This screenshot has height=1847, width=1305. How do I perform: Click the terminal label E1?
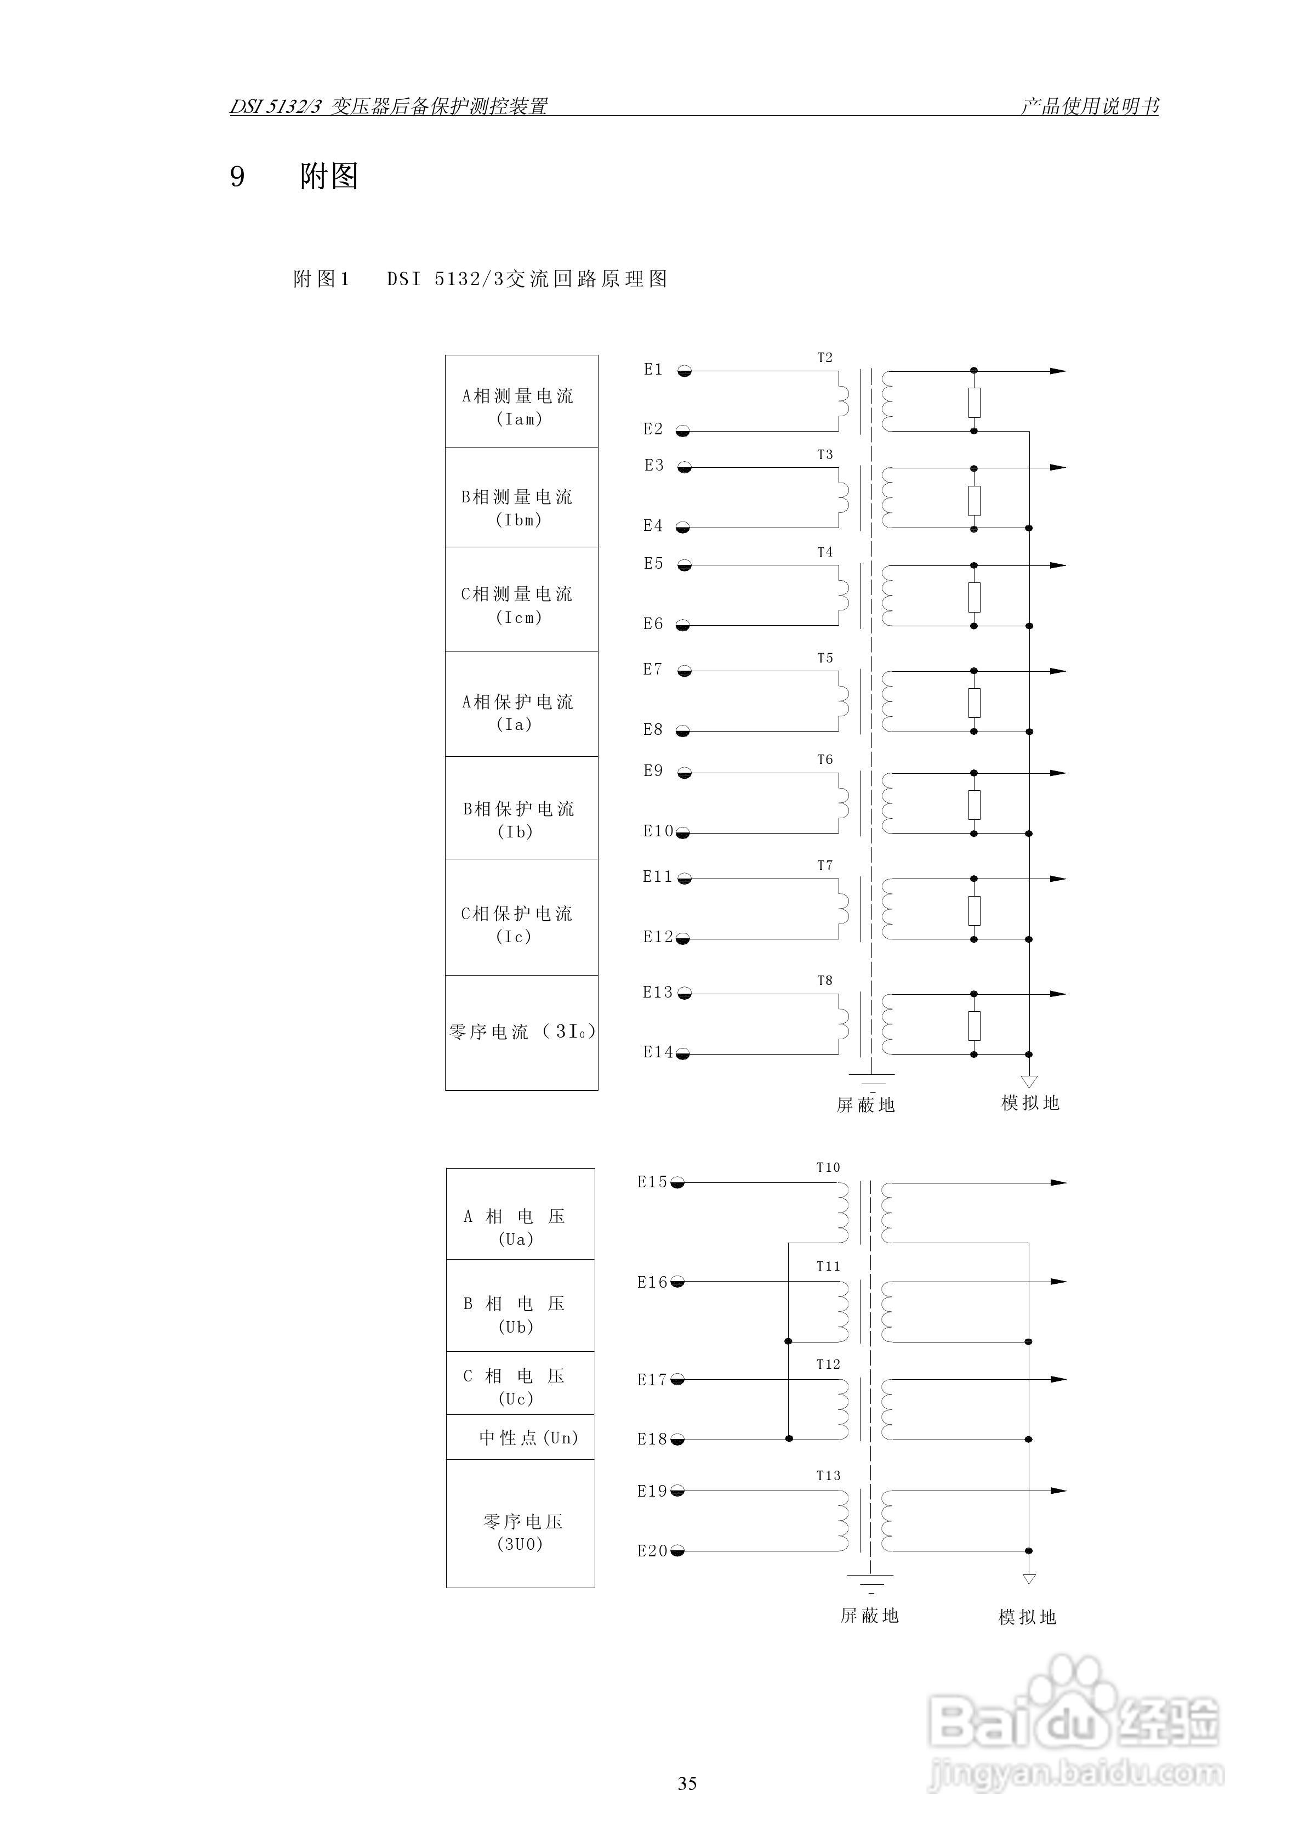point(652,369)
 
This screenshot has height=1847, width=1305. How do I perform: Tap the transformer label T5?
point(825,658)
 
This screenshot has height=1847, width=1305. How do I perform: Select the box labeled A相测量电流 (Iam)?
point(521,401)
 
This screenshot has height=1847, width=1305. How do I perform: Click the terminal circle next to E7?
point(684,671)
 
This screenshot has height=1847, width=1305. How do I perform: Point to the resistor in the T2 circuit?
point(974,401)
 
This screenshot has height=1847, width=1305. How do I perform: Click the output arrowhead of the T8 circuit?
point(1058,994)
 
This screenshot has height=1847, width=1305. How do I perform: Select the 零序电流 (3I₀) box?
point(521,1032)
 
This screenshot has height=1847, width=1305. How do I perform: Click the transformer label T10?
point(828,1167)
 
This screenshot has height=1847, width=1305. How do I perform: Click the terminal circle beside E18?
point(677,1439)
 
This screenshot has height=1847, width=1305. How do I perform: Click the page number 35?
point(687,1783)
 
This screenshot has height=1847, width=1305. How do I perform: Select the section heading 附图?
point(329,176)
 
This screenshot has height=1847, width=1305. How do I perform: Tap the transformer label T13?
point(828,1475)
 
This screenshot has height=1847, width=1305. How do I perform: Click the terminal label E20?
point(652,1551)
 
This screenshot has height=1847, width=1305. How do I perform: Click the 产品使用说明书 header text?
point(1090,106)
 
